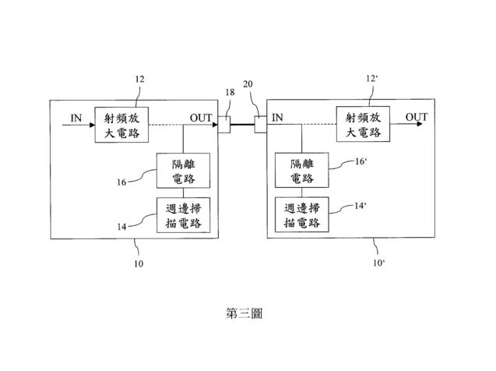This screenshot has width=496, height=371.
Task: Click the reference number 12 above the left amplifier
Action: (x=139, y=79)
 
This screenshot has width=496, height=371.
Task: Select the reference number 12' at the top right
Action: (x=371, y=78)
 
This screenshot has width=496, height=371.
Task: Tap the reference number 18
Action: (x=230, y=92)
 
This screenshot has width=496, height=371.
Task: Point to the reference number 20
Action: (x=248, y=84)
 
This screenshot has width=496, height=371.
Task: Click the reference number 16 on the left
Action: (x=121, y=182)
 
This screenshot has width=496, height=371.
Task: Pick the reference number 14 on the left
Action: (x=121, y=227)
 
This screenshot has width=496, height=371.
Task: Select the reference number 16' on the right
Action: (x=361, y=161)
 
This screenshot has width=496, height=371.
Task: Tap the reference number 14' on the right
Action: (x=361, y=206)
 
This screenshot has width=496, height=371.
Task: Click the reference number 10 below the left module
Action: (x=139, y=263)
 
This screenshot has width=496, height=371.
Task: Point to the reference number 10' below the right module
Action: (x=379, y=263)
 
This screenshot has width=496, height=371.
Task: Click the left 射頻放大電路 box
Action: (x=121, y=125)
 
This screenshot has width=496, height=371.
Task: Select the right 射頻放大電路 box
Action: (x=363, y=124)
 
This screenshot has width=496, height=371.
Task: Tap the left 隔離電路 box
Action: (x=184, y=171)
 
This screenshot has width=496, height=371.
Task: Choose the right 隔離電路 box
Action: (x=302, y=171)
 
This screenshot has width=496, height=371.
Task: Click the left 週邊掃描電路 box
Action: (x=184, y=215)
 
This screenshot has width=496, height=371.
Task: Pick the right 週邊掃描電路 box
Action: (x=302, y=214)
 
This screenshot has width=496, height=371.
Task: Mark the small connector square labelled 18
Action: (x=224, y=125)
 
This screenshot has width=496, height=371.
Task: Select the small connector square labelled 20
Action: (x=261, y=124)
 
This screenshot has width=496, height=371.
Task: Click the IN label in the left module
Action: (x=76, y=118)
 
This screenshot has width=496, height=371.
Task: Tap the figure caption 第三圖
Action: (x=244, y=313)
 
